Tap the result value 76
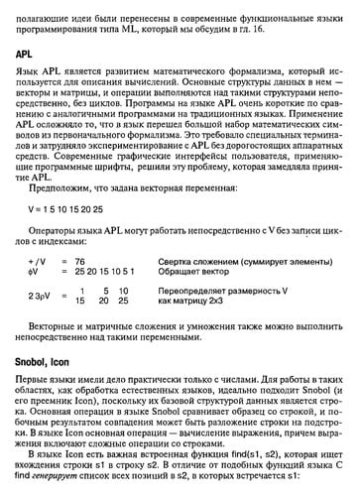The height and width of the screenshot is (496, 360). tap(96, 260)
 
